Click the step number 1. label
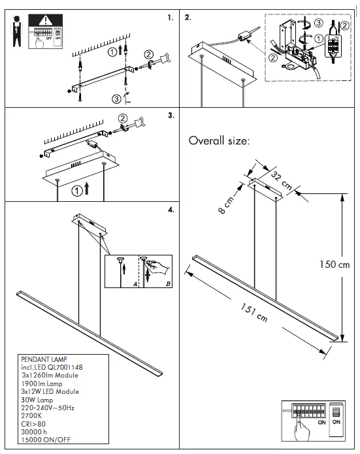click(171, 18)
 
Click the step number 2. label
click(189, 18)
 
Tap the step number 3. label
click(171, 116)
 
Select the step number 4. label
click(171, 210)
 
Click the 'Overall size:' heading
click(220, 140)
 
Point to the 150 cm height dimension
click(335, 265)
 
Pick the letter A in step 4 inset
click(135, 284)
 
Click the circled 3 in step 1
click(116, 99)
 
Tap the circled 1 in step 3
click(78, 191)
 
